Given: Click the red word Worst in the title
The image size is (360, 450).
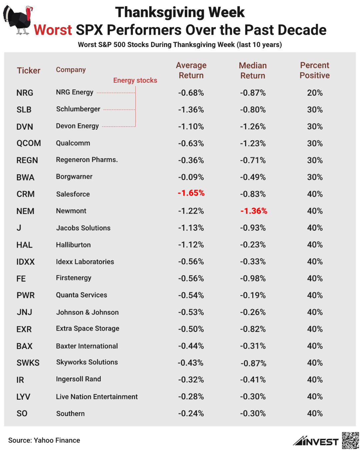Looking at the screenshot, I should click(53, 30).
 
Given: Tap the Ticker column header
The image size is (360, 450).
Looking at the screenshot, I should click(29, 71).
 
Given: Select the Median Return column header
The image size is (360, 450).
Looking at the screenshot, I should click(253, 70).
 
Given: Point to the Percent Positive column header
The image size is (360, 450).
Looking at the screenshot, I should click(314, 70).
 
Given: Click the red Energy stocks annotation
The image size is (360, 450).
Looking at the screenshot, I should click(135, 80).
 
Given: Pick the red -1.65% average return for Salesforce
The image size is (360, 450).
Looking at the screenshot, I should click(191, 193).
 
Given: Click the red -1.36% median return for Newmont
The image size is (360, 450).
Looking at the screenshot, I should click(254, 211).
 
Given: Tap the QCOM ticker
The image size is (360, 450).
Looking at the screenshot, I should click(29, 143).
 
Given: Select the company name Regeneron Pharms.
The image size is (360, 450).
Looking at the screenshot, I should click(87, 160).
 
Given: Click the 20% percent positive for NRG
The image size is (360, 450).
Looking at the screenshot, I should click(315, 93).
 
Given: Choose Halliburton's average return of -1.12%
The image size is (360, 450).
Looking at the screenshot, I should click(191, 245).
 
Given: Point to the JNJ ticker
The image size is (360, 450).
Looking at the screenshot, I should click(24, 312).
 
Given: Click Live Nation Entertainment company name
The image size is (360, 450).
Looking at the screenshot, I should click(97, 397).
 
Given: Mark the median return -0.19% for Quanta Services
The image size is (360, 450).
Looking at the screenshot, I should click(253, 295).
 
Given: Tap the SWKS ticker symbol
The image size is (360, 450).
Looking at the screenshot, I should click(28, 363).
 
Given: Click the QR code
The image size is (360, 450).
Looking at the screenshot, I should click(350, 440).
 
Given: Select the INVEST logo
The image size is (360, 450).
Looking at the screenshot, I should click(316, 441).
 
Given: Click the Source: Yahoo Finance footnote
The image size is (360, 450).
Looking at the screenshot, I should click(44, 440).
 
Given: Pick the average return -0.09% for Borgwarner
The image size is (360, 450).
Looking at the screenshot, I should click(191, 177).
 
